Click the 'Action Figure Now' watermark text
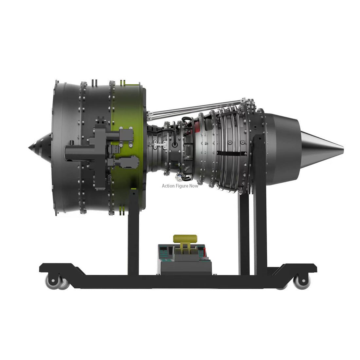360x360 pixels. (180, 186)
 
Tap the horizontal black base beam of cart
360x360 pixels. (177, 281)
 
